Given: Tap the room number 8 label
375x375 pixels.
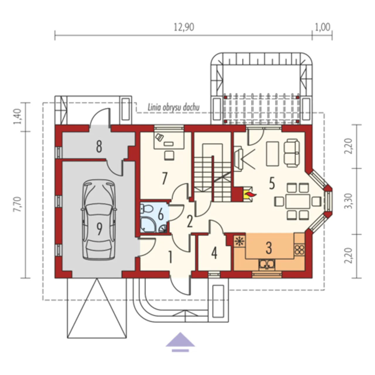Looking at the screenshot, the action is (x=99, y=147).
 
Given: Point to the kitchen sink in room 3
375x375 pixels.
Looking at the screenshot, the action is (x=267, y=265).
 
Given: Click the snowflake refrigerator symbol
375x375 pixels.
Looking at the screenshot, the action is (x=240, y=241).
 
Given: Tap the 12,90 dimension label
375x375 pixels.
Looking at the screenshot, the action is (x=184, y=27).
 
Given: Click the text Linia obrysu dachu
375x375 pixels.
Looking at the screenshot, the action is (x=174, y=108).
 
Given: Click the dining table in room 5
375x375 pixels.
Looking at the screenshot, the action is (x=298, y=201).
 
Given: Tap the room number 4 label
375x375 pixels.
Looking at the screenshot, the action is (x=214, y=253).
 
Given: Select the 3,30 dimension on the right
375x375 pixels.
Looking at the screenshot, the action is (x=349, y=201).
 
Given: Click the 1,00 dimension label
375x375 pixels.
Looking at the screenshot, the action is (x=323, y=27).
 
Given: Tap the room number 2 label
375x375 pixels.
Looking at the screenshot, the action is (x=190, y=222).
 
